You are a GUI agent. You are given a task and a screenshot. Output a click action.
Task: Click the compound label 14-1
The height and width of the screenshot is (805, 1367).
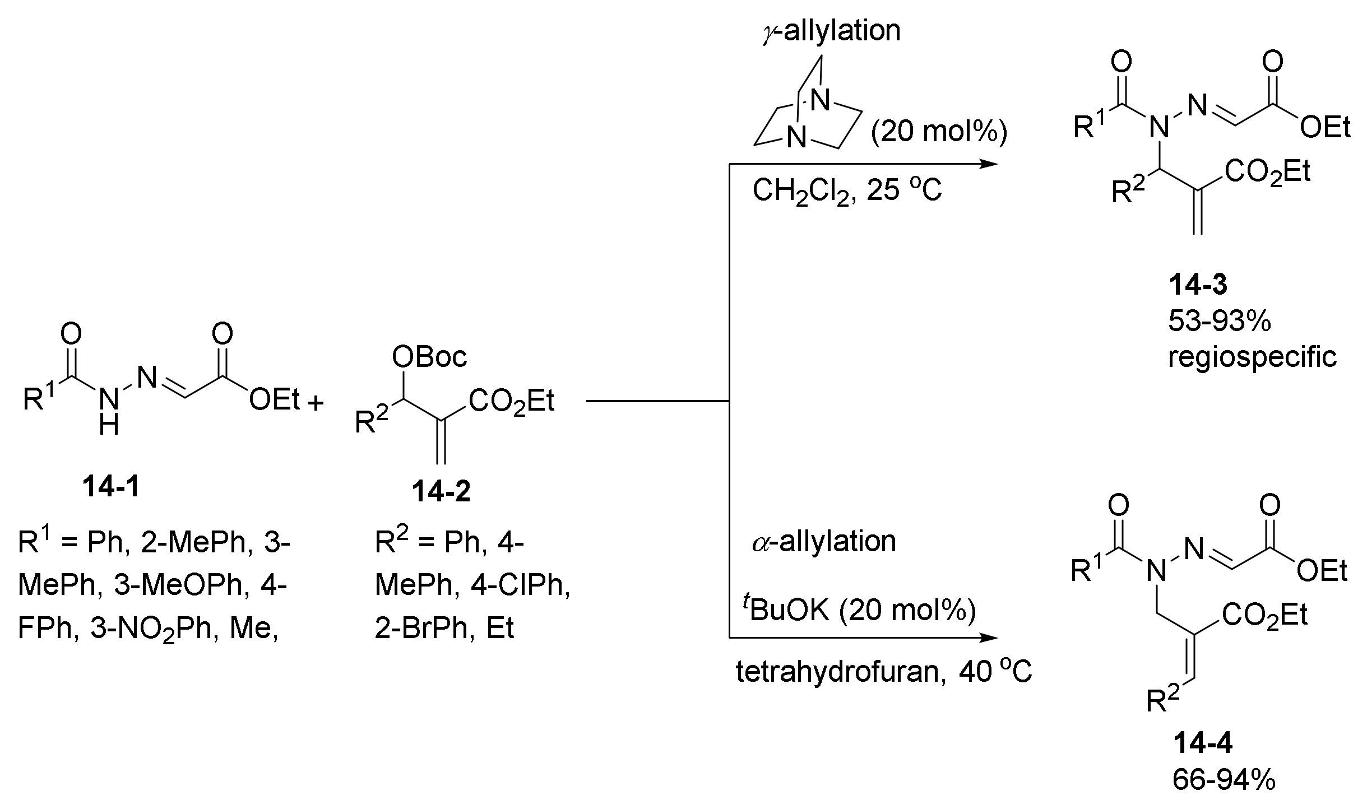pyautogui.click(x=111, y=487)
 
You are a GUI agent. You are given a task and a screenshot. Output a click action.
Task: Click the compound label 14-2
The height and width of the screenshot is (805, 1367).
pyautogui.click(x=441, y=492)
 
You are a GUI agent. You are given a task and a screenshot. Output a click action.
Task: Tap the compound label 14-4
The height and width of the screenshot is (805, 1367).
pyautogui.click(x=1203, y=744)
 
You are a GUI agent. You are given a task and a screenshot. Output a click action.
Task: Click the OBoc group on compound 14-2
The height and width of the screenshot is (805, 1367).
pyautogui.click(x=429, y=356)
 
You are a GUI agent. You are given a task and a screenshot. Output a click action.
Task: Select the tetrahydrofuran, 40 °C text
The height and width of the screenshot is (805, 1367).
pyautogui.click(x=883, y=672)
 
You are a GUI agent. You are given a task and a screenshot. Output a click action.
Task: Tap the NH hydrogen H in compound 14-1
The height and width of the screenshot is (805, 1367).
pyautogui.click(x=109, y=427)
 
